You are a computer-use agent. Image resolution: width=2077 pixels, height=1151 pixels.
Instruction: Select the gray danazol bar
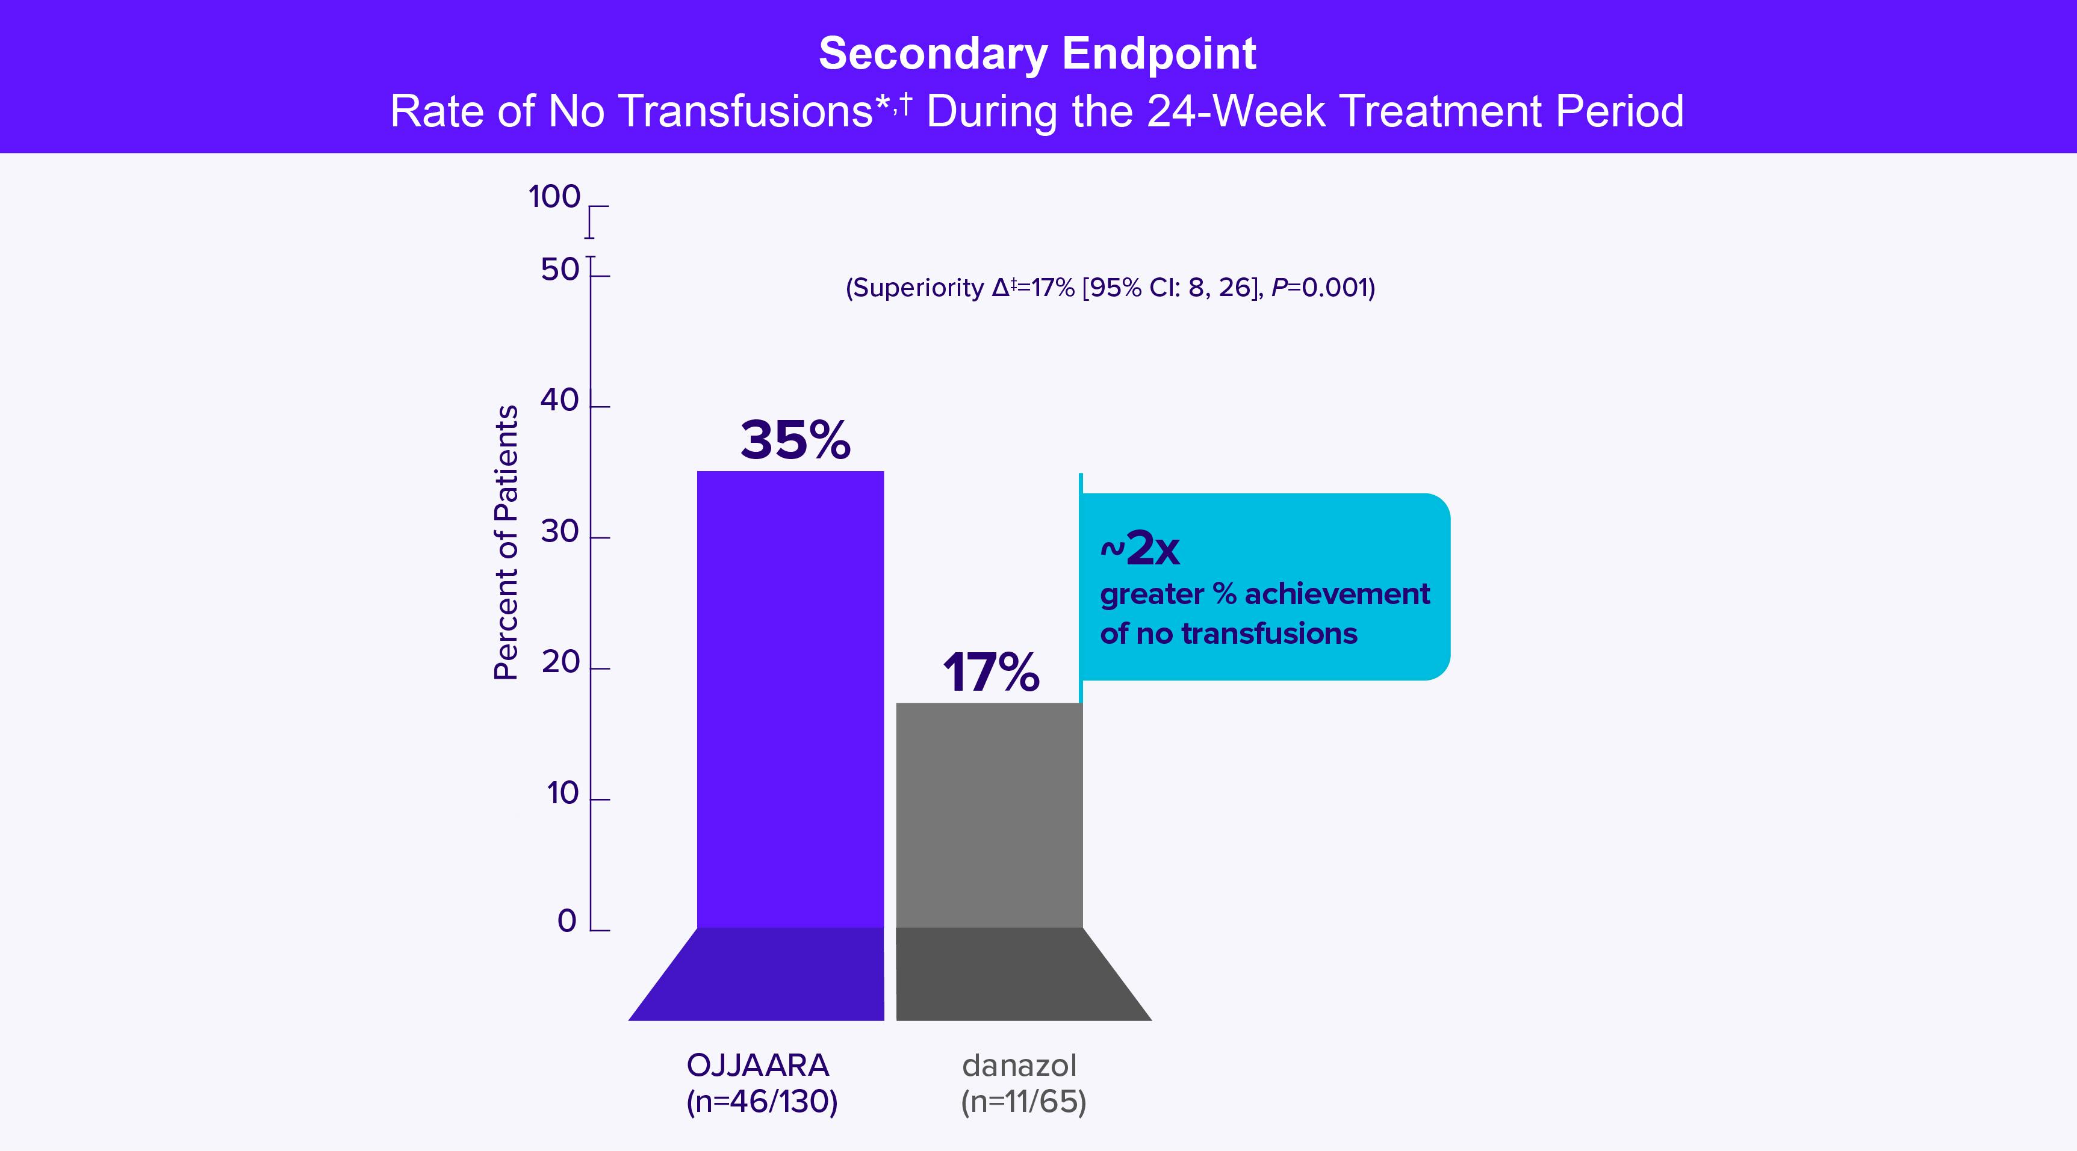989,815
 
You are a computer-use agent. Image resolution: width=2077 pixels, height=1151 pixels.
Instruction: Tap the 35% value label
795,440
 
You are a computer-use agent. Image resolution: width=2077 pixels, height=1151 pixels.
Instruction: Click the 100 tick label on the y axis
554,197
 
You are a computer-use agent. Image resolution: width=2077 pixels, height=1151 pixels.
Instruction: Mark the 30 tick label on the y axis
559,532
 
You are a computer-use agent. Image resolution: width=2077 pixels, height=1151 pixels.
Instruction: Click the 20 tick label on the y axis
559,662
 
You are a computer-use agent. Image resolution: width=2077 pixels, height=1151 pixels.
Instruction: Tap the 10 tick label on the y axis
562,794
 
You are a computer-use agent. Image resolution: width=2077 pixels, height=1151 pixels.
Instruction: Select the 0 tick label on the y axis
567,921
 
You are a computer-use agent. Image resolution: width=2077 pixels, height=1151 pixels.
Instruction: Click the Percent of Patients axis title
506,543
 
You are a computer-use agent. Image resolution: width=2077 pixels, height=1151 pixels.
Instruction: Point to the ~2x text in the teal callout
1139,550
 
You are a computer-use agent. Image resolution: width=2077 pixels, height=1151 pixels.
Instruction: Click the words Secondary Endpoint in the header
1037,54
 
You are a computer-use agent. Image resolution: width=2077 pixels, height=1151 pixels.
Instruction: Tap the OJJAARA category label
758,1066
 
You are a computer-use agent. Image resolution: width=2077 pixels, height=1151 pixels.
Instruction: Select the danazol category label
1019,1066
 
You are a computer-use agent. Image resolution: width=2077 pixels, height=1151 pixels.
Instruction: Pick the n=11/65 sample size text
1023,1102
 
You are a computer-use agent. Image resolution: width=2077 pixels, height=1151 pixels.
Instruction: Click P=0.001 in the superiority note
1322,288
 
